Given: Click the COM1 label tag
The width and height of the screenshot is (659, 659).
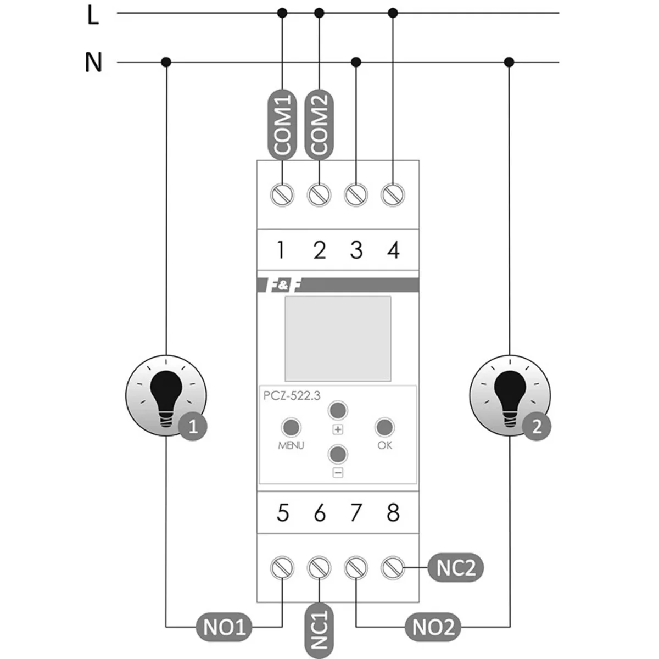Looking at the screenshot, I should tap(282, 125).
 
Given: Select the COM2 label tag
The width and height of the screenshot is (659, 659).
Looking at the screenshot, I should tap(319, 125).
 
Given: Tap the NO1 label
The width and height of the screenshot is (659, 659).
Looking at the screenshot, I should tap(224, 627).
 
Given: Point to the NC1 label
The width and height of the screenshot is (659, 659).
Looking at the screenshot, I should tap(319, 627).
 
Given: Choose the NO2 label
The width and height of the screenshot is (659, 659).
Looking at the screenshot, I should tap(433, 627).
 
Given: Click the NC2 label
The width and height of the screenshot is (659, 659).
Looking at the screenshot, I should tap(455, 568).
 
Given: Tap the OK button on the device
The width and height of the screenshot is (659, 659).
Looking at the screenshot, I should tap(384, 427).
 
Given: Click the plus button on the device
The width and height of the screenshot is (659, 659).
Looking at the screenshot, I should tap(338, 410).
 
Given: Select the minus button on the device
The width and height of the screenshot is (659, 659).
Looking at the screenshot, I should tap(338, 454).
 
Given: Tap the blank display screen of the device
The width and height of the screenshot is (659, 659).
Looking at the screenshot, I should tap(338, 338).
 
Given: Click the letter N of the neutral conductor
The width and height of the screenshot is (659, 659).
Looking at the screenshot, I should tap(93, 62).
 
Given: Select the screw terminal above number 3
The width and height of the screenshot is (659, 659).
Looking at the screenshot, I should tap(356, 194).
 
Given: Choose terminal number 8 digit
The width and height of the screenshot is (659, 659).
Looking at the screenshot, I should tap(393, 513).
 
